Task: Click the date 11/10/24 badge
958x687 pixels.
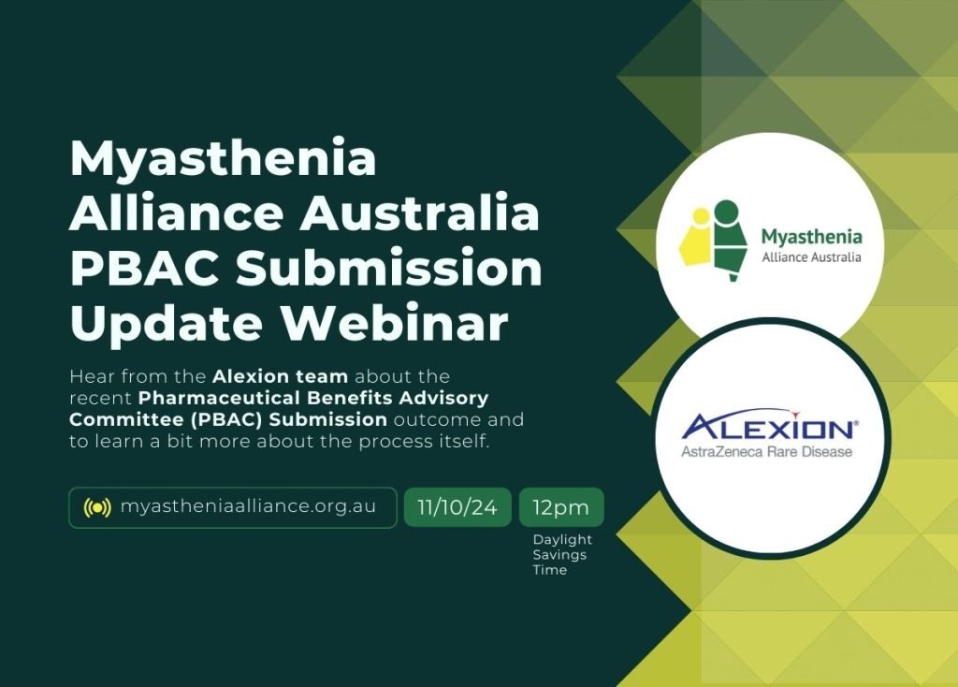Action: pos(457,508)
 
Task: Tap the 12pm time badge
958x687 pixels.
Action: pos(561,508)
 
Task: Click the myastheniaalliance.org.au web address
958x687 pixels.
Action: pos(248,506)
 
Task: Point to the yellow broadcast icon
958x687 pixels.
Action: pos(97,507)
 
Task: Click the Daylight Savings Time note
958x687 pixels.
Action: pos(561,554)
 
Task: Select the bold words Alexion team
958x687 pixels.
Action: pos(280,377)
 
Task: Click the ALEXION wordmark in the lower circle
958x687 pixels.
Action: pos(767,430)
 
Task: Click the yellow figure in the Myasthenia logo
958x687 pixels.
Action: pos(698,240)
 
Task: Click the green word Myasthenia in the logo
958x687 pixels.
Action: pos(811,237)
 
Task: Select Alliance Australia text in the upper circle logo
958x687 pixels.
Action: pos(811,257)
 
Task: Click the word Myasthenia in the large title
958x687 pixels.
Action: pos(223,160)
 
